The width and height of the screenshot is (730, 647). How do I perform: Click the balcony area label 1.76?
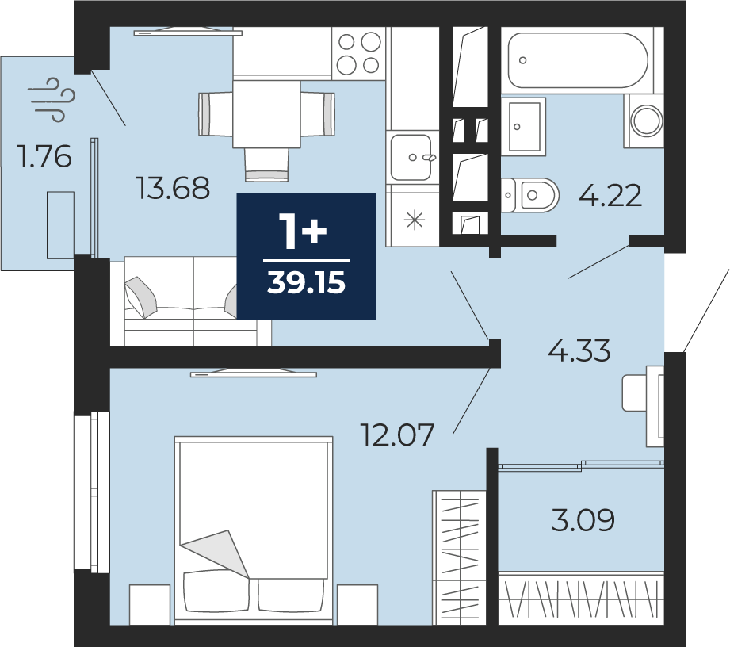tap(44, 156)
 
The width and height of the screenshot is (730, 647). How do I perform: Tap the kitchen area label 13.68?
tap(173, 189)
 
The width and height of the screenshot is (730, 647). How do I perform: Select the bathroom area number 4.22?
tap(610, 195)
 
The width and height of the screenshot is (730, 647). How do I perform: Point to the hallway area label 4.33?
tap(579, 350)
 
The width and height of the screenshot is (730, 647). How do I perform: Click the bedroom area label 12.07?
tap(398, 435)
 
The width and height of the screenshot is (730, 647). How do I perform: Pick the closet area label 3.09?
tap(583, 520)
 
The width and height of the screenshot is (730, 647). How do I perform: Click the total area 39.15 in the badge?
tap(306, 283)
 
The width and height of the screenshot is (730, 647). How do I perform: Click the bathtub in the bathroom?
tap(577, 60)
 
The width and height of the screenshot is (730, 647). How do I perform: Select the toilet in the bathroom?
tap(529, 195)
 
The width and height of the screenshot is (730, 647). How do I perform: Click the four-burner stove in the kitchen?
tap(358, 54)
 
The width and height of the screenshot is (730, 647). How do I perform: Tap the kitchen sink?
tap(411, 157)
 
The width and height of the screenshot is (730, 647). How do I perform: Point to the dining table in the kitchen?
tap(266, 114)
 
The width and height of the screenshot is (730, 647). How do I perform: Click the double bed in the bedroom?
tap(254, 530)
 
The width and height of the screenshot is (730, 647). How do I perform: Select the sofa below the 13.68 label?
tap(191, 301)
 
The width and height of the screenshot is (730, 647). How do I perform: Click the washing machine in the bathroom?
tap(645, 121)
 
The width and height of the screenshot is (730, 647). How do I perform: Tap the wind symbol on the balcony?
tap(52, 99)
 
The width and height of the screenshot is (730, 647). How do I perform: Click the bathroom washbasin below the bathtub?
tap(524, 126)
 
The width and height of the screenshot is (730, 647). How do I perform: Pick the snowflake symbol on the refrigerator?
tap(414, 220)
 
